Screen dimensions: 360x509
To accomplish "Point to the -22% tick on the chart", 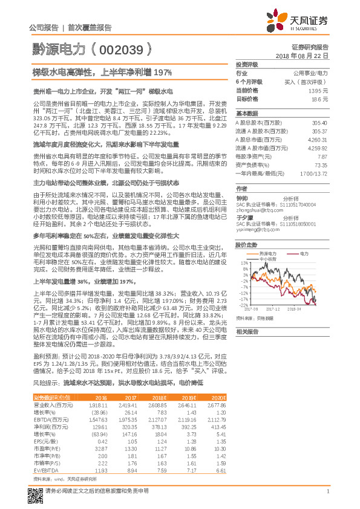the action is pyautogui.click(x=242, y=305).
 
